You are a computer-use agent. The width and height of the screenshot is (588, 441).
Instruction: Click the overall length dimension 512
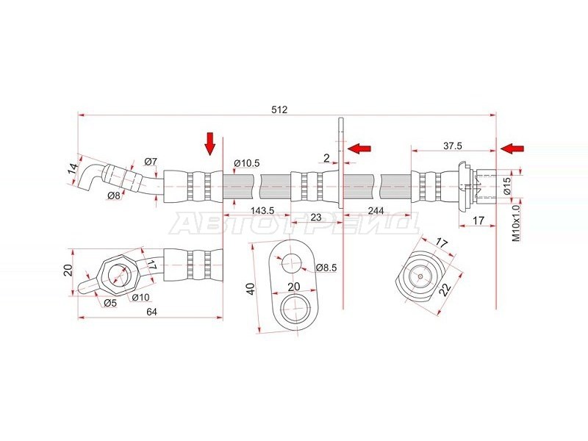279,110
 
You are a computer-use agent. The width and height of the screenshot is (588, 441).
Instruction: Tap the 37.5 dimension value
453,146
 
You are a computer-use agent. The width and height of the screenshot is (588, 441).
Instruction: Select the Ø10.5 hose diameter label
246,163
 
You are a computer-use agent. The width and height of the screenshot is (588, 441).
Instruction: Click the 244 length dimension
376,211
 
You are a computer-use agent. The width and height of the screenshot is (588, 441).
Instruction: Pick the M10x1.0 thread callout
517,223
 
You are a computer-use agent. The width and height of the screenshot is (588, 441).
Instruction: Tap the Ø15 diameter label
506,186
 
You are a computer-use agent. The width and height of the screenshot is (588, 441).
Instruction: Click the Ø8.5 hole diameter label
326,268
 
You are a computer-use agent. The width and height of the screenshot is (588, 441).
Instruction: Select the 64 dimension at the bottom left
151,312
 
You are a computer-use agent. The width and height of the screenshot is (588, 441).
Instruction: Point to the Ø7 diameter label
151,162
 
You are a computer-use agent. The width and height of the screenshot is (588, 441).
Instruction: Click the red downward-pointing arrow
210,143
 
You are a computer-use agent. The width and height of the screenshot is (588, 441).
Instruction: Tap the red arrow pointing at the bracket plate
359,148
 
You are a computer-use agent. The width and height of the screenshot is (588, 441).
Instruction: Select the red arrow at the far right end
512,148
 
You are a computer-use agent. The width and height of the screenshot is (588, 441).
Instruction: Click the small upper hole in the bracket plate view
291,263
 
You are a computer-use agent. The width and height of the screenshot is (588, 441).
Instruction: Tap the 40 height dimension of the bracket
251,288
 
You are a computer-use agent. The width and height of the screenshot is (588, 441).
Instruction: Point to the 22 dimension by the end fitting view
445,289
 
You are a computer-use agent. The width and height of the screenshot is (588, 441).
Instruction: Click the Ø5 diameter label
110,303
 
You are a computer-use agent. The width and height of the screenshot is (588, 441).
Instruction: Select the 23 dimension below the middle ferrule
316,217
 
